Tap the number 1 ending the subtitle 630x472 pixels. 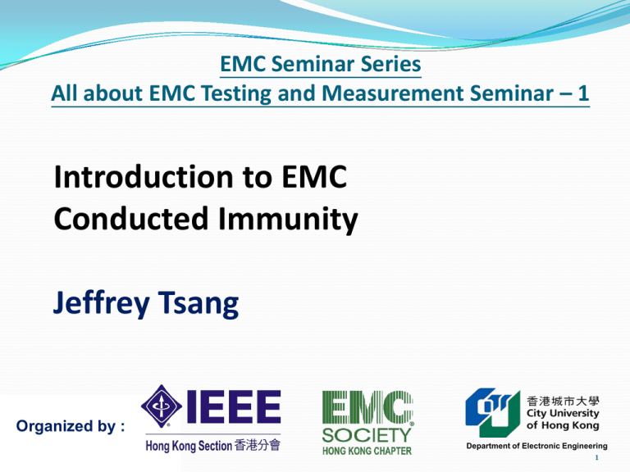click(583, 93)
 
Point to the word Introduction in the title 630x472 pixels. click(143, 177)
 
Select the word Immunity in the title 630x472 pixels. click(288, 220)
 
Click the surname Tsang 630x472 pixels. click(199, 304)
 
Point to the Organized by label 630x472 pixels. click(71, 426)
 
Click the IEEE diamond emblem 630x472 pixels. click(161, 406)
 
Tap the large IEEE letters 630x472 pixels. click(234, 406)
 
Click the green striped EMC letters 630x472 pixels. click(367, 407)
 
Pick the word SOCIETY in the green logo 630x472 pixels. click(367, 435)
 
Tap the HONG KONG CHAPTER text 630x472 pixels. click(367, 451)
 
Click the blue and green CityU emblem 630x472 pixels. click(492, 412)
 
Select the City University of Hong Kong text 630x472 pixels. click(563, 419)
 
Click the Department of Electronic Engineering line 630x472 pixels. click(536, 446)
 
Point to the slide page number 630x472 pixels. click(596, 457)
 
